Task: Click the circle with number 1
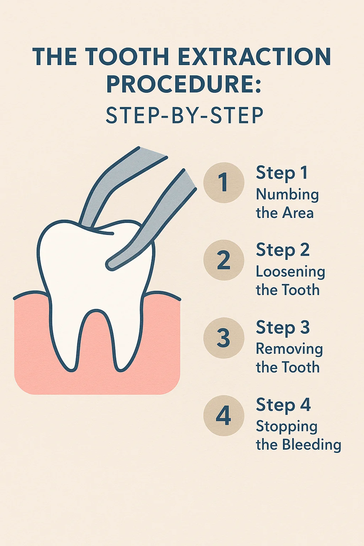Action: pyautogui.click(x=224, y=183)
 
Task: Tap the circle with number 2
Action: pyautogui.click(x=224, y=260)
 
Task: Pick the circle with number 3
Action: pyautogui.click(x=224, y=338)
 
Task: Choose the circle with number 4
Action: pyautogui.click(x=224, y=415)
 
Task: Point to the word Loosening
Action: pyautogui.click(x=290, y=272)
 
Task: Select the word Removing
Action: pyautogui.click(x=289, y=349)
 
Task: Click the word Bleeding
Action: pyautogui.click(x=311, y=445)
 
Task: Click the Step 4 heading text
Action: pyautogui.click(x=283, y=405)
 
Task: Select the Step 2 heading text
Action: pyautogui.click(x=283, y=250)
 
